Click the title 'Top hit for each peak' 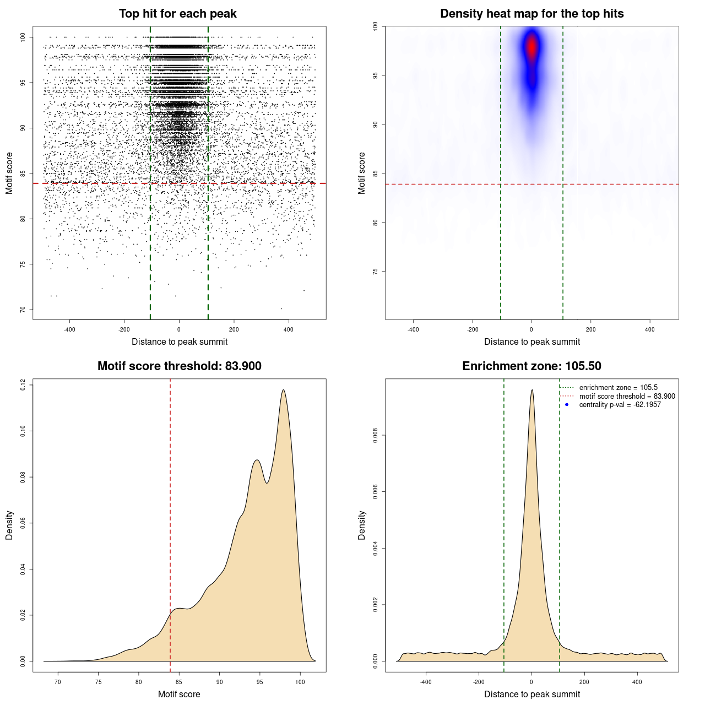pyautogui.click(x=177, y=14)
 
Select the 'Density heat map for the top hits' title pyautogui.click(x=532, y=14)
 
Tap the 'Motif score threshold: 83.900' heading pyautogui.click(x=179, y=366)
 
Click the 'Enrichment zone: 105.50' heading pyautogui.click(x=532, y=366)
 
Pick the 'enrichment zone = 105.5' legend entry pyautogui.click(x=618, y=388)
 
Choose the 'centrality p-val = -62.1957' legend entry pyautogui.click(x=620, y=405)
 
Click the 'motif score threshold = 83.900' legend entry pyautogui.click(x=627, y=397)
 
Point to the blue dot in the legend pyautogui.click(x=567, y=405)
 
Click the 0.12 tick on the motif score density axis pyautogui.click(x=23, y=384)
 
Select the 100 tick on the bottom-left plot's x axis pyautogui.click(x=300, y=682)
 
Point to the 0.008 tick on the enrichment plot pyautogui.click(x=375, y=435)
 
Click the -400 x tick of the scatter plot pyautogui.click(x=69, y=329)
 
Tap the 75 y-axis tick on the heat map pyautogui.click(x=375, y=272)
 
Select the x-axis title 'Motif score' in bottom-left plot pyautogui.click(x=179, y=694)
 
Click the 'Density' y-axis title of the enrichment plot pyautogui.click(x=362, y=525)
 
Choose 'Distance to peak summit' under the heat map pyautogui.click(x=532, y=341)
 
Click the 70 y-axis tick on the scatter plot pyautogui.click(x=23, y=310)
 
